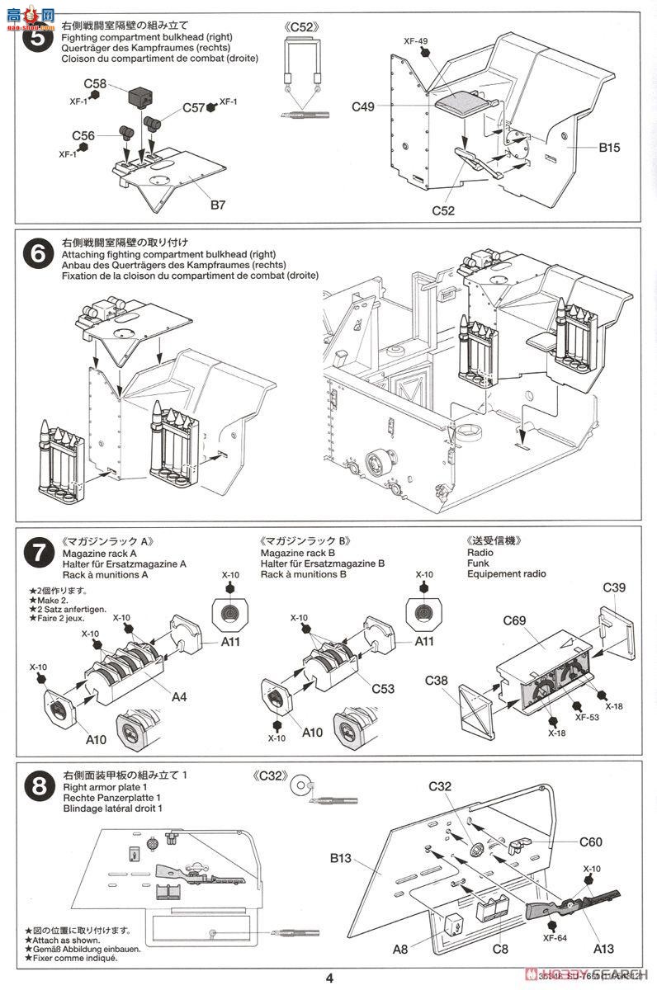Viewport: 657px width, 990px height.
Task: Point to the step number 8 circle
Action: pyautogui.click(x=36, y=787)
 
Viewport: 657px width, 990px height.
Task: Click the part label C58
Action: pyautogui.click(x=95, y=83)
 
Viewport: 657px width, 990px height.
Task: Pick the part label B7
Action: pyautogui.click(x=217, y=205)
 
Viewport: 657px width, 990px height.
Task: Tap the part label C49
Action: pyautogui.click(x=363, y=106)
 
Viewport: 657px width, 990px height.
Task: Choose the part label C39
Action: pyautogui.click(x=614, y=587)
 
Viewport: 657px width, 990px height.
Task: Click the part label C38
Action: pyautogui.click(x=437, y=681)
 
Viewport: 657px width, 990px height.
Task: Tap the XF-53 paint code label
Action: pyautogui.click(x=588, y=717)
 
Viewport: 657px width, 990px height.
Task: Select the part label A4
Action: pyautogui.click(x=179, y=696)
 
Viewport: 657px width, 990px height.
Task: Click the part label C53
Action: pyautogui.click(x=383, y=688)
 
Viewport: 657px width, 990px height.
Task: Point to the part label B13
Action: pyautogui.click(x=342, y=858)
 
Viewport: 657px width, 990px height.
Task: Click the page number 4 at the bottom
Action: pyautogui.click(x=329, y=978)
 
